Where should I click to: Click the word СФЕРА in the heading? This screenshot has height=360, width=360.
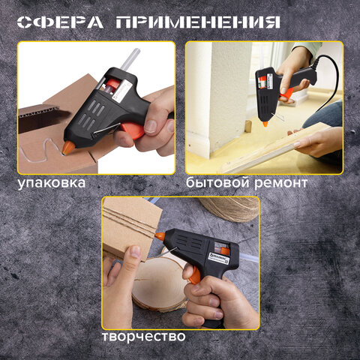coord(60,22)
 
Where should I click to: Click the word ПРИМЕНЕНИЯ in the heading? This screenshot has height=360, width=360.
coord(198,22)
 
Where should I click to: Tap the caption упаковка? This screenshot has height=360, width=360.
coord(52,183)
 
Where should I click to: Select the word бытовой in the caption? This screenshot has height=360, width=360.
coord(217,182)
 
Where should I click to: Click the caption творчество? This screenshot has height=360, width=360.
coord(144,336)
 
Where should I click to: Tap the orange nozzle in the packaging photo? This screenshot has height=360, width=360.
coord(68,148)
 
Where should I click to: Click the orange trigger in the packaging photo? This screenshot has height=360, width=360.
coord(132,130)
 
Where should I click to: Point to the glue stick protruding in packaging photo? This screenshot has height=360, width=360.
coord(130,58)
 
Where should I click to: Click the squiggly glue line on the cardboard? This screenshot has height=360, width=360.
coord(41,150)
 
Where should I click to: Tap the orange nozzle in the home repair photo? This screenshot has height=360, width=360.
coord(265,124)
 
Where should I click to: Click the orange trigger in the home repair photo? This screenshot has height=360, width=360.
coord(286,93)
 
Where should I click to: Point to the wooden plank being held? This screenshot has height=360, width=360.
coord(275,148)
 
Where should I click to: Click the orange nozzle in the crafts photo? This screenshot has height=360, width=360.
coord(160,236)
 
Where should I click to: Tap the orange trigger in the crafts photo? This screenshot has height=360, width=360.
coord(195,275)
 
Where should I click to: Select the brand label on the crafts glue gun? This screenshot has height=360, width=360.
coord(219,258)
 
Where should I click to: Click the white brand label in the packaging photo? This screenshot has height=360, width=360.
coord(122,93)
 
